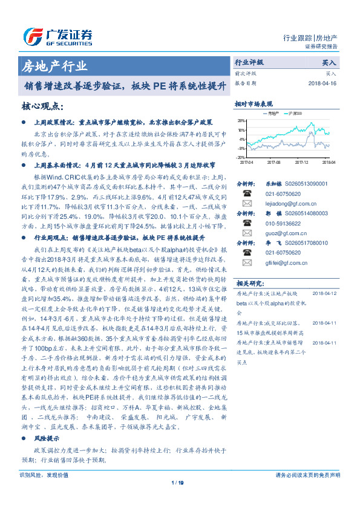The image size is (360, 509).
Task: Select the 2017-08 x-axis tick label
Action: [x=273, y=162]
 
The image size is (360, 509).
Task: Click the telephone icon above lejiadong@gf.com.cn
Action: [x=247, y=193]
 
